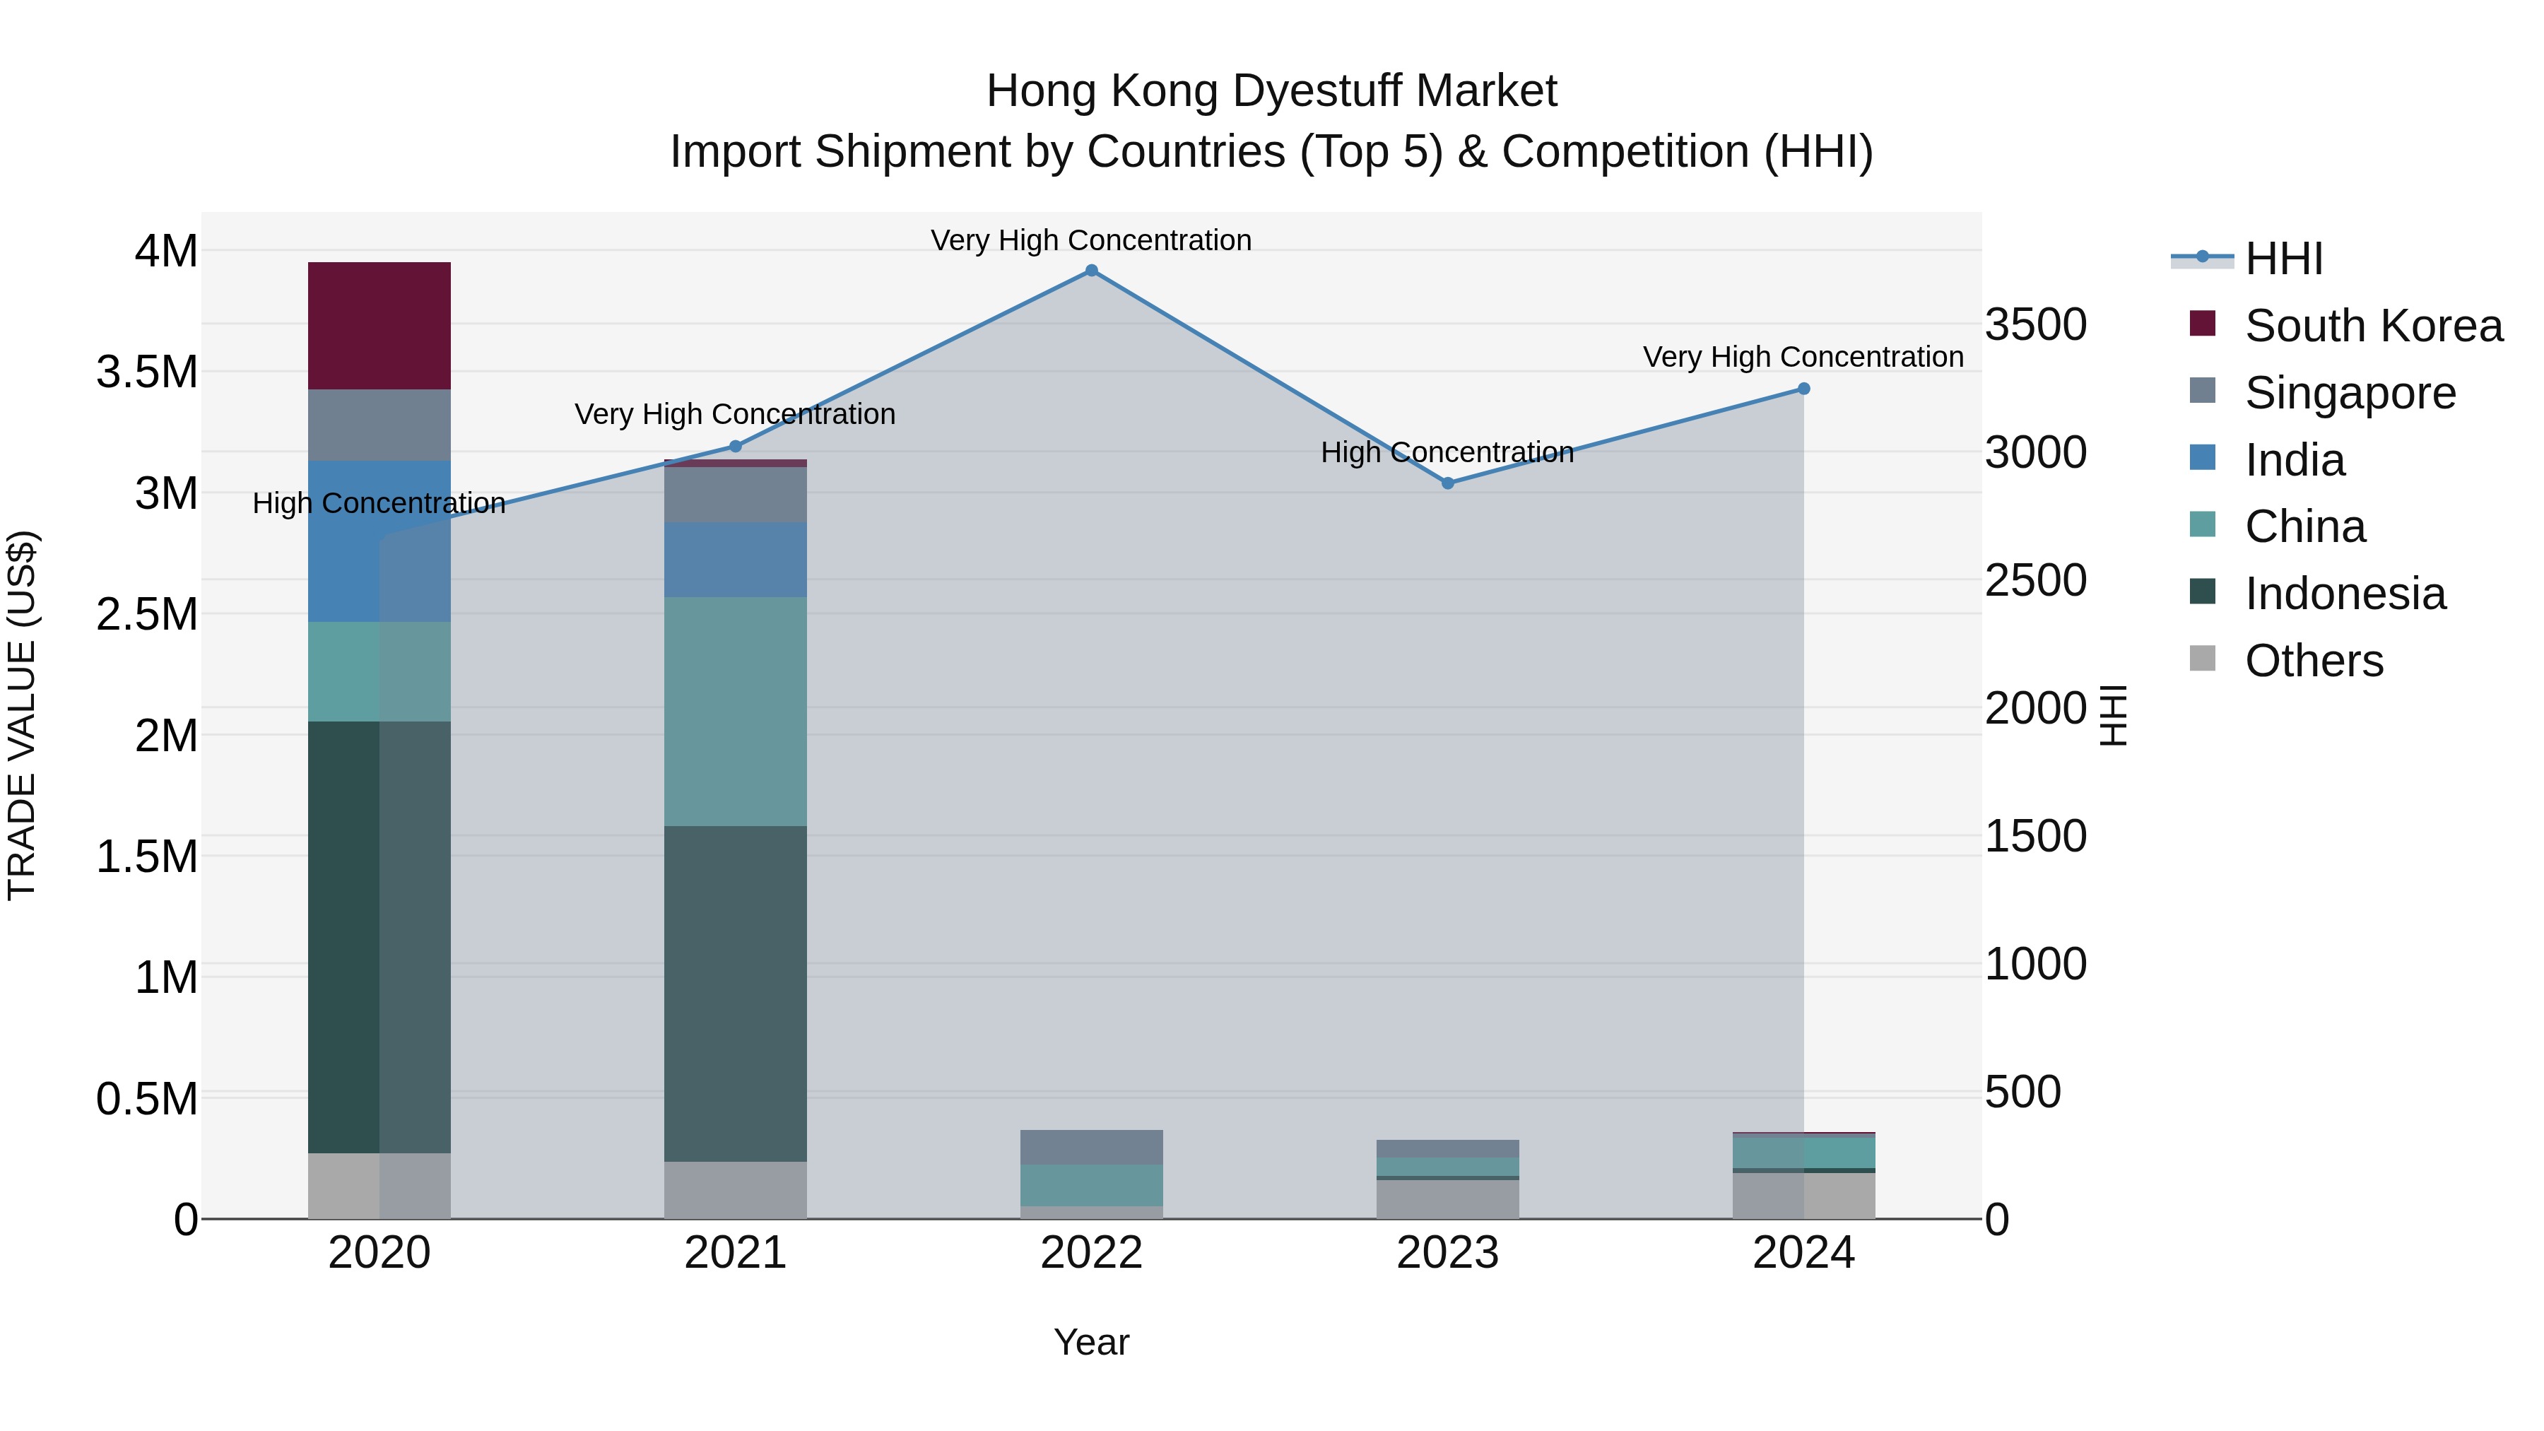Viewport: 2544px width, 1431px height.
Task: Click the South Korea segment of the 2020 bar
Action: (379, 325)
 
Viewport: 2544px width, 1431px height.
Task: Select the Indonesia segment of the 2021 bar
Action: (735, 993)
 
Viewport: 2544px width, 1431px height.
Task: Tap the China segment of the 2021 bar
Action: (735, 711)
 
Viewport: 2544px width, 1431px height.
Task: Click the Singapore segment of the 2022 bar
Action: (1091, 1147)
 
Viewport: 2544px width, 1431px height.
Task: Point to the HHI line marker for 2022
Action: (1091, 271)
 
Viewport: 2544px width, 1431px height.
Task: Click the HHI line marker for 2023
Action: (1448, 483)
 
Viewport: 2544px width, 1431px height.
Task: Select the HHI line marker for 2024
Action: (1803, 389)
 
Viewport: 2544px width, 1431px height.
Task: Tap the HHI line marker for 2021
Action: (735, 447)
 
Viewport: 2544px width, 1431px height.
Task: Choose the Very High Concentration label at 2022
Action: (1091, 240)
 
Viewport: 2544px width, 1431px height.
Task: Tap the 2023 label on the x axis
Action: (1448, 1253)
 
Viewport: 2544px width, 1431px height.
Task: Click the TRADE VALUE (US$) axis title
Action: (22, 715)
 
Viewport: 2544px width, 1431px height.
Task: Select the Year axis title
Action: (1091, 1342)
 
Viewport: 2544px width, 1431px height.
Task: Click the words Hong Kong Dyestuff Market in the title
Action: (1271, 91)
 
